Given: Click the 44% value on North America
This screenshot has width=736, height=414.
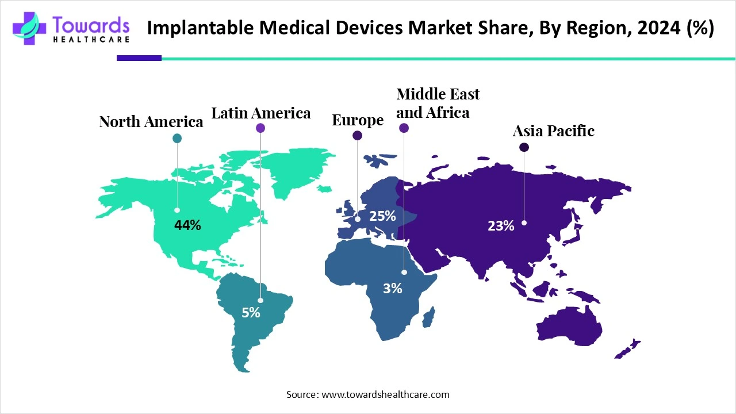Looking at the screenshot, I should coord(187,225).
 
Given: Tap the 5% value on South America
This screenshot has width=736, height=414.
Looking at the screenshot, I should coord(251,313).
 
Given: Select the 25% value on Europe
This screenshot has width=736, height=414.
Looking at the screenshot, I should coord(382,216).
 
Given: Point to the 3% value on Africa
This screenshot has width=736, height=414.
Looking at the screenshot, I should coord(393,289).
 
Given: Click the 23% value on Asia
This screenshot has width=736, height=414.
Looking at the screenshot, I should coord(501,226).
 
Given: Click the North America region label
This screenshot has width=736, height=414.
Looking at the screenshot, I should coord(151,122).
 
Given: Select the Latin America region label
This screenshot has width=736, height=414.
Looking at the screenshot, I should coord(261,113).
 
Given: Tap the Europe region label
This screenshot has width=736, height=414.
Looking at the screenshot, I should coord(358,120).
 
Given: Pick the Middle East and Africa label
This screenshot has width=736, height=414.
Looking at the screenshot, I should coord(438,103).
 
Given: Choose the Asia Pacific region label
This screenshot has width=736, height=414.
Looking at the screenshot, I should coord(553,131).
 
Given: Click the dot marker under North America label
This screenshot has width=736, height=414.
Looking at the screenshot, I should coord(177,138).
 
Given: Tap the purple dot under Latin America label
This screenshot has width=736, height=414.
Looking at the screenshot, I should coord(260,128).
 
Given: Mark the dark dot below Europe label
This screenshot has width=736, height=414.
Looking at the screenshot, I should coord(357,136).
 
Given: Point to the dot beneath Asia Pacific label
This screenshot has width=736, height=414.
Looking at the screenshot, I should coord(524,148).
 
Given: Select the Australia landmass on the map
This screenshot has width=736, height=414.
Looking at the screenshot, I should coord(569,326).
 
